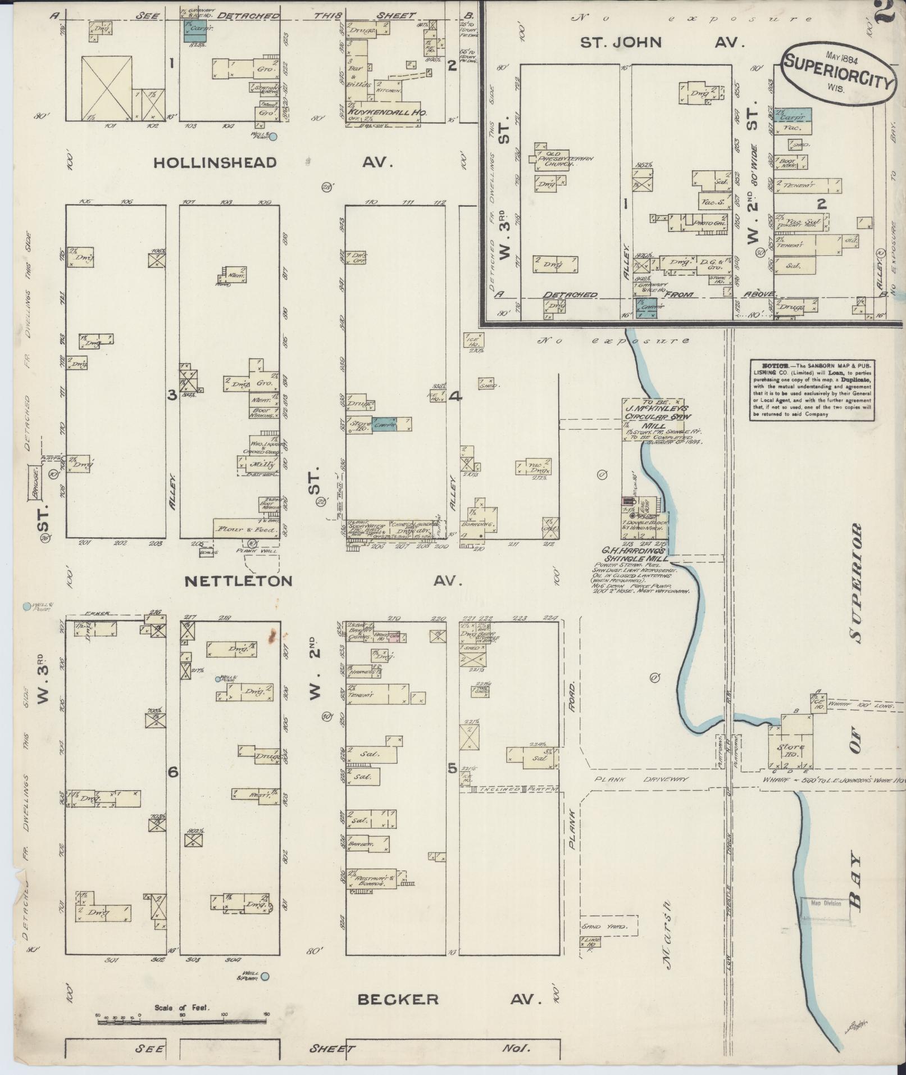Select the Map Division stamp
tap(825, 904)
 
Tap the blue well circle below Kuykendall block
tap(274, 137)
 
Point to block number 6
tap(173, 773)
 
